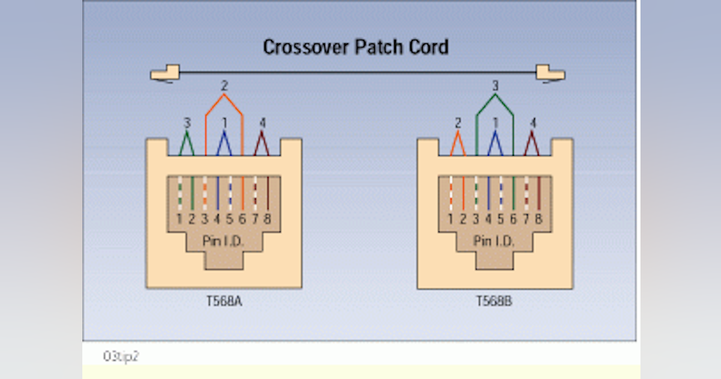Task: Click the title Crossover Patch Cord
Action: click(356, 47)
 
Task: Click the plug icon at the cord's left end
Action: click(165, 73)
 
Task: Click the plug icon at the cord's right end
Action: click(550, 73)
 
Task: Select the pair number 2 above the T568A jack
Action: click(224, 85)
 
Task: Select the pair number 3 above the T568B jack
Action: click(495, 86)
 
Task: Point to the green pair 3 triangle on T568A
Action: click(187, 144)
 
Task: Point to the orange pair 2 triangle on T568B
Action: click(458, 144)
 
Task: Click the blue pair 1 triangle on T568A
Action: click(224, 144)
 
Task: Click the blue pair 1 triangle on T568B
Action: click(495, 144)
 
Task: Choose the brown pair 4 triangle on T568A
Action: click(261, 144)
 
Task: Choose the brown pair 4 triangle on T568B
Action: click(532, 144)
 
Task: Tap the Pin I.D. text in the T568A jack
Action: click(224, 241)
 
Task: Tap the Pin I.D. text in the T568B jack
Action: click(494, 241)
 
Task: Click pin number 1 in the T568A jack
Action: click(180, 220)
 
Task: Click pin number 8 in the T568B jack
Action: click(538, 220)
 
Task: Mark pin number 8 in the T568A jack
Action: click(267, 220)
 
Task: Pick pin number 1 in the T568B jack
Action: click(451, 220)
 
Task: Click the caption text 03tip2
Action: click(121, 356)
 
